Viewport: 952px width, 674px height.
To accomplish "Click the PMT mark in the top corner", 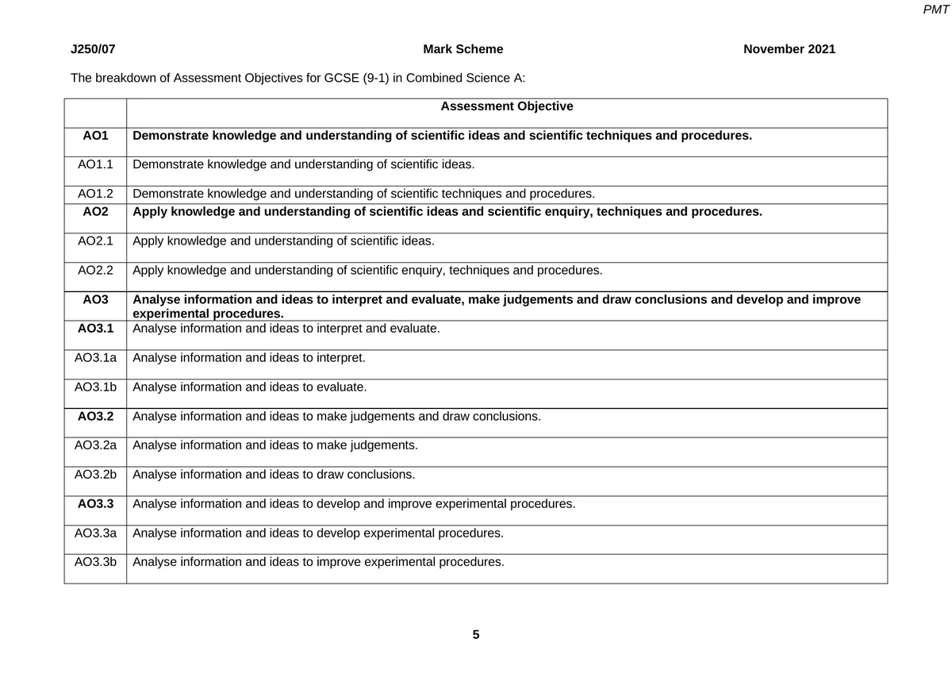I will (x=936, y=10).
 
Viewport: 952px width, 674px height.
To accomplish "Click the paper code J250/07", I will (x=93, y=49).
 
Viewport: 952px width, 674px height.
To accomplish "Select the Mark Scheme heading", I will (x=463, y=49).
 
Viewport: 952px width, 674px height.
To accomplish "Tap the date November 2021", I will (x=789, y=49).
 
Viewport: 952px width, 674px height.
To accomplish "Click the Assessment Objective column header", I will (x=506, y=106).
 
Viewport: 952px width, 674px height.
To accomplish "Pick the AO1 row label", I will (x=95, y=136).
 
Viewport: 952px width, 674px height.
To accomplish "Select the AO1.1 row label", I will (x=95, y=165).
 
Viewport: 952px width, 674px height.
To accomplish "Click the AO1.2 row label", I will (x=95, y=194).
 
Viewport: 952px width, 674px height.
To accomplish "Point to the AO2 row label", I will (x=95, y=212).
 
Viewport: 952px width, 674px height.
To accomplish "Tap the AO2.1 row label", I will (x=95, y=241).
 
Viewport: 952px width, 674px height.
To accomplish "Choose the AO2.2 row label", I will (x=95, y=271).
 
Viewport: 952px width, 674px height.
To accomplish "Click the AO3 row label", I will (x=95, y=300).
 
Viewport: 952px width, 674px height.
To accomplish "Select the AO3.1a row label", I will (x=95, y=358).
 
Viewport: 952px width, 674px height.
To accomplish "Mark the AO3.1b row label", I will (x=95, y=387).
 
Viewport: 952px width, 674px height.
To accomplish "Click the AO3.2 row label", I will (x=95, y=416).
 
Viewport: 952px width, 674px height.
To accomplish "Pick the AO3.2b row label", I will (x=95, y=475).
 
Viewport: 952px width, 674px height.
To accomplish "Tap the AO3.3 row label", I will (x=95, y=503).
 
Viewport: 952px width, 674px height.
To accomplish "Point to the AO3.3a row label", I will (x=95, y=533).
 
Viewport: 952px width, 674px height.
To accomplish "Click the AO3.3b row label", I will (x=95, y=562).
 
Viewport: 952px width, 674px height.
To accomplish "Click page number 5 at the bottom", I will (x=476, y=635).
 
